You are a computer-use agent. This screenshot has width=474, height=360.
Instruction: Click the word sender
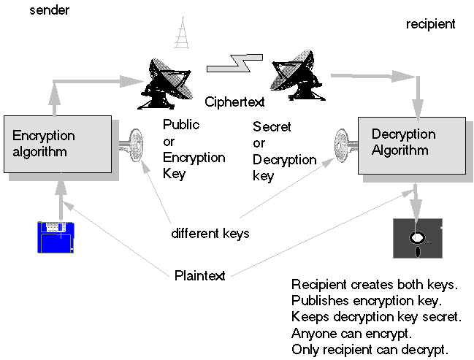click(48, 11)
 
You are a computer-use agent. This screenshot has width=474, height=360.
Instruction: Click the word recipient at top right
click(430, 24)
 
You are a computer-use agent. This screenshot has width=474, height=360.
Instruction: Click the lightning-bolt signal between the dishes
click(234, 64)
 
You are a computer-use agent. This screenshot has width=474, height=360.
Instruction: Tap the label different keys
click(210, 234)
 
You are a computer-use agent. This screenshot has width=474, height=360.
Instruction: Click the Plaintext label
click(199, 275)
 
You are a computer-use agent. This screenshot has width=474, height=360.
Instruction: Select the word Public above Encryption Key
click(180, 124)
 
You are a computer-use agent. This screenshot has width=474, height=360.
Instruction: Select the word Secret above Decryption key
click(272, 127)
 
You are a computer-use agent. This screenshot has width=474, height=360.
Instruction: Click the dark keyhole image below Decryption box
click(417, 238)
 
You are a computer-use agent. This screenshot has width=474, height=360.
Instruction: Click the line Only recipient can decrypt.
click(370, 348)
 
